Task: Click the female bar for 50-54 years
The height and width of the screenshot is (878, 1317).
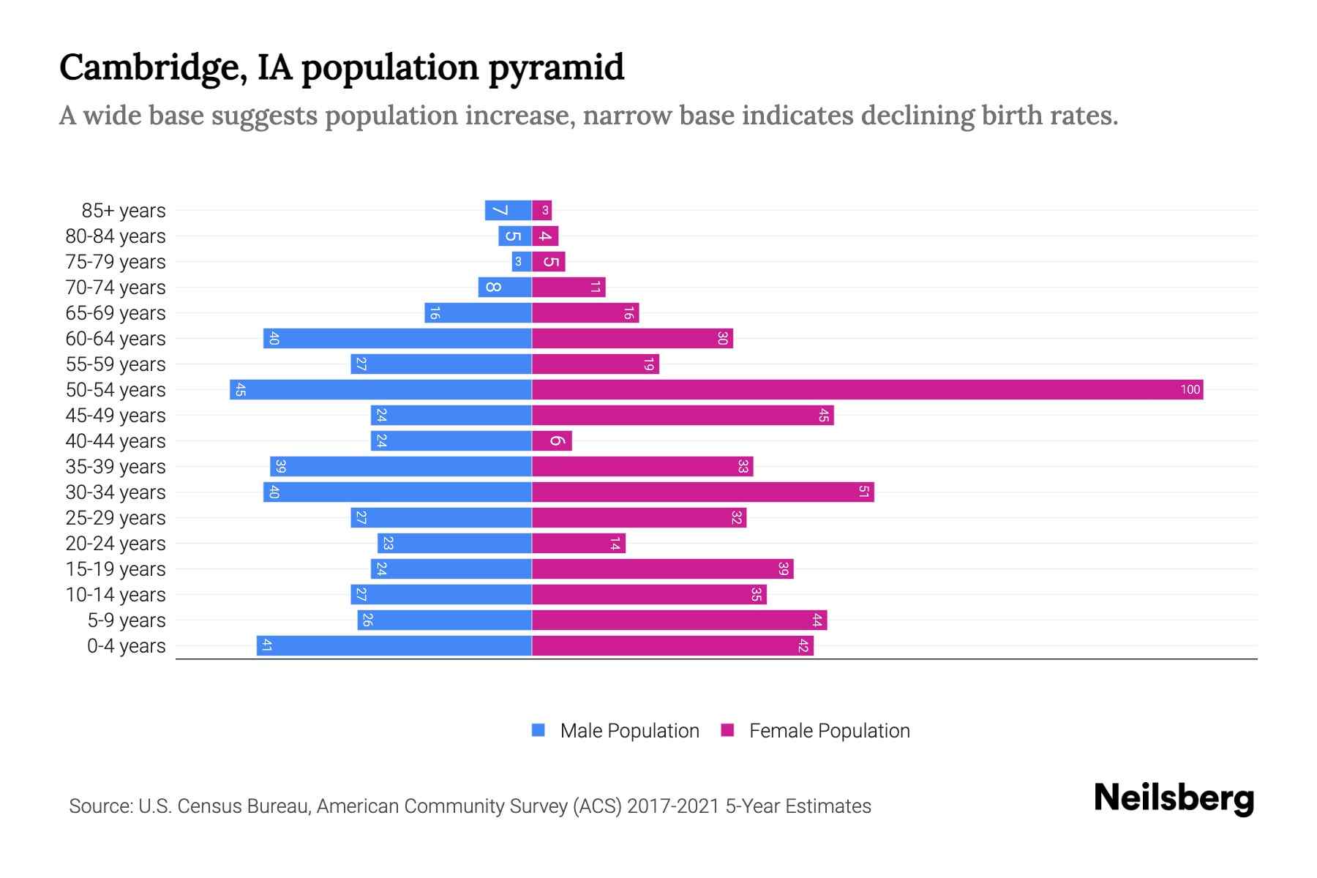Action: pos(867,389)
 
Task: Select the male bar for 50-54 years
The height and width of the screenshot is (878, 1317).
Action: pos(380,389)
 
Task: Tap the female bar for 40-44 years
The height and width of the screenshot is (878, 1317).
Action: pos(552,440)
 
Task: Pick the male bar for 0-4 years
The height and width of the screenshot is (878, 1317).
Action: pos(394,645)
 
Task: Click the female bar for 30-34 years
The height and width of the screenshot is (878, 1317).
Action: pos(702,492)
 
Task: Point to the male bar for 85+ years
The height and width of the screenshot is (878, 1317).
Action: pos(508,210)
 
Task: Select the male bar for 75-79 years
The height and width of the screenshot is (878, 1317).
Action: pos(522,261)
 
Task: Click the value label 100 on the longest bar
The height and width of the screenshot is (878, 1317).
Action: pos(1190,389)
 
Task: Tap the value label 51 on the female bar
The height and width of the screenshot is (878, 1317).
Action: pos(863,492)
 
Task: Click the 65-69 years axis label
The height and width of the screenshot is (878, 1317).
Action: pos(116,312)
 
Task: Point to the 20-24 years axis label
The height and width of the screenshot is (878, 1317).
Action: pos(116,543)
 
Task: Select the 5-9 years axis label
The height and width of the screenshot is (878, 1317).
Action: pos(127,620)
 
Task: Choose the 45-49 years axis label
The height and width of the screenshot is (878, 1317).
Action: pos(116,415)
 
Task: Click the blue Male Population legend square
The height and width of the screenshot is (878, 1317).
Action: pos(539,730)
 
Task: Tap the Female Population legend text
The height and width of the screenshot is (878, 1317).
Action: pos(829,730)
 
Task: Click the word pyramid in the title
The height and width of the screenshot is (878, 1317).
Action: pos(556,67)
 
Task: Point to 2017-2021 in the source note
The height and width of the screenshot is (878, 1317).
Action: pos(673,806)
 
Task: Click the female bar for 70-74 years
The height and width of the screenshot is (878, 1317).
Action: pos(569,287)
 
